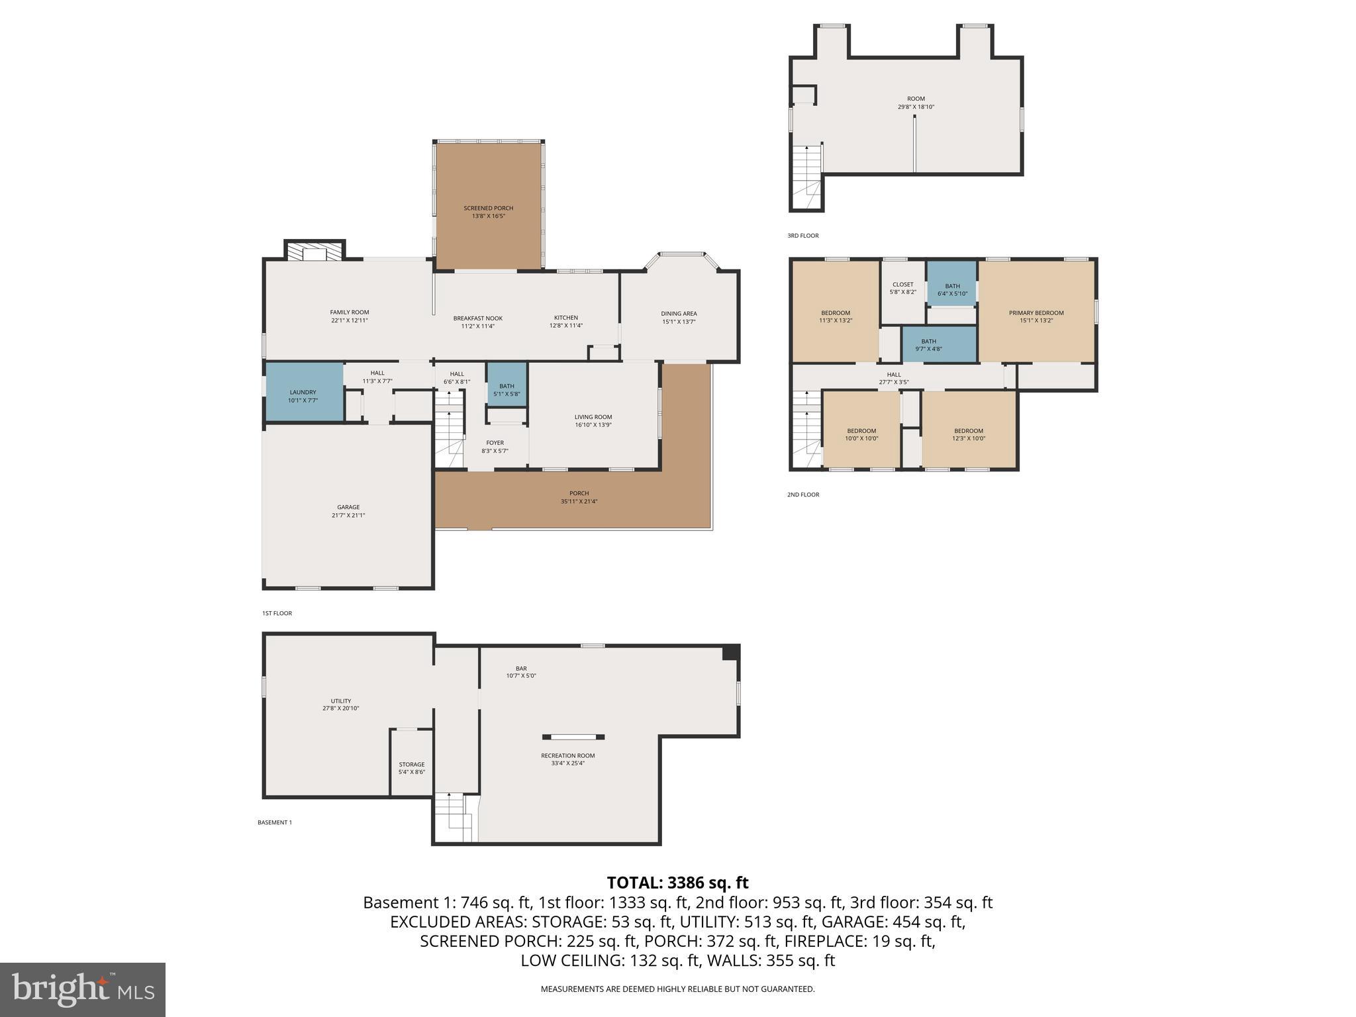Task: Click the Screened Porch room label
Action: pyautogui.click(x=488, y=209)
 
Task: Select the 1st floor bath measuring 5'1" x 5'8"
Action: pyautogui.click(x=507, y=389)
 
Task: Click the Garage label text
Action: pyautogui.click(x=348, y=508)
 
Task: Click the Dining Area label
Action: pyautogui.click(x=679, y=314)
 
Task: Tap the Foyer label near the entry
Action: pyautogui.click(x=495, y=443)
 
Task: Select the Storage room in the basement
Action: pyautogui.click(x=411, y=765)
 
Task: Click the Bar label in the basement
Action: pyautogui.click(x=521, y=669)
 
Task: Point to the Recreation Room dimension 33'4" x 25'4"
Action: pyautogui.click(x=567, y=763)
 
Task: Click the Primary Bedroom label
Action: pyautogui.click(x=1036, y=313)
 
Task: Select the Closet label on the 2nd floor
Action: pyautogui.click(x=902, y=285)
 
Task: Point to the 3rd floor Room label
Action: pyautogui.click(x=916, y=99)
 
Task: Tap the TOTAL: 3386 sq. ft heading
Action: pyautogui.click(x=677, y=883)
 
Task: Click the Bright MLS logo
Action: pyautogui.click(x=83, y=989)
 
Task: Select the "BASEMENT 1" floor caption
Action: pyautogui.click(x=275, y=822)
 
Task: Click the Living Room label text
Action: pyautogui.click(x=593, y=417)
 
